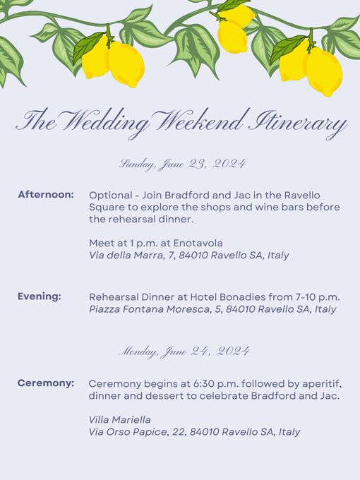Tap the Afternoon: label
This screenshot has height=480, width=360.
(46, 194)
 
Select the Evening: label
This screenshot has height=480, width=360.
(40, 296)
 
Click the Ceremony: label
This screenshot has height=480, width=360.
(46, 383)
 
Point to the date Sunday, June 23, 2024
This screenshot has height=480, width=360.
(182, 164)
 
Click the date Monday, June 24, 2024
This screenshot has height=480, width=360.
(184, 351)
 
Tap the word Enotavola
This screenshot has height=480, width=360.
(198, 243)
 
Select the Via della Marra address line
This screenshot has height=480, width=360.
(189, 256)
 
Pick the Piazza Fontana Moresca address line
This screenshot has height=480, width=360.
(212, 309)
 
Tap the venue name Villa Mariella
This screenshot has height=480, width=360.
(120, 419)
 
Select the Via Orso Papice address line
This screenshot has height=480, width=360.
(194, 432)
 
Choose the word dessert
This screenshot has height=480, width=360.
(165, 396)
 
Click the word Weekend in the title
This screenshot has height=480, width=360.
(200, 121)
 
